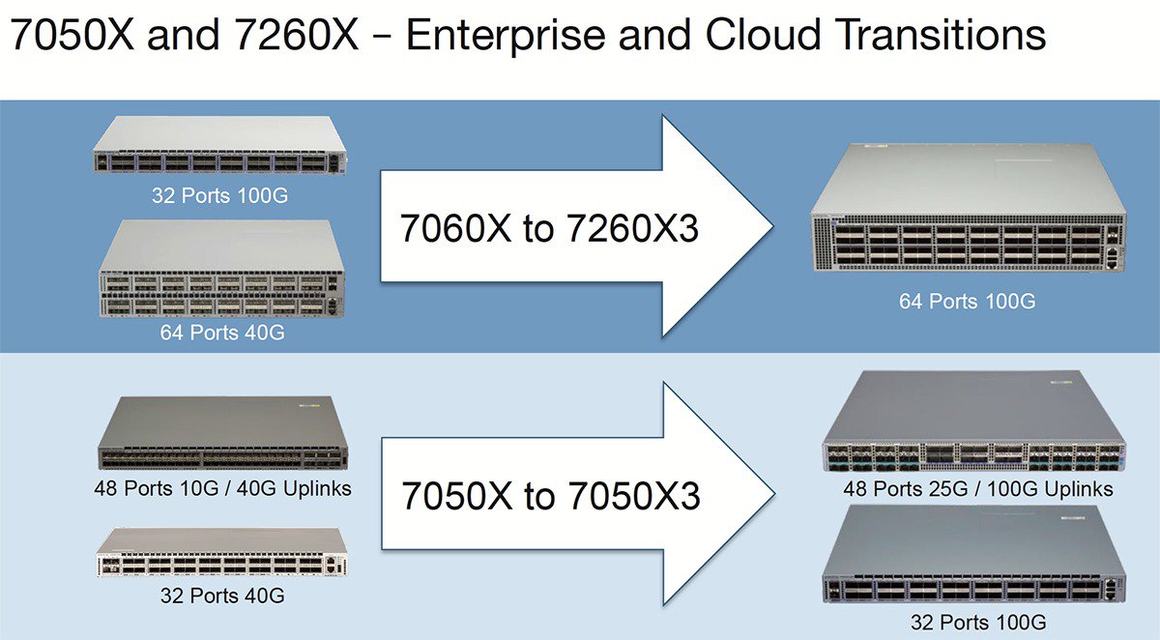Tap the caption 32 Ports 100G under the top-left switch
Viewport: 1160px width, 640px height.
[x=219, y=195]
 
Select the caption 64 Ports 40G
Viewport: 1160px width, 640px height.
[x=219, y=334]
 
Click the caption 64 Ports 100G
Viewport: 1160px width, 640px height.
[x=967, y=301]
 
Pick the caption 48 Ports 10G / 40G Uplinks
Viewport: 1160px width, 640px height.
[x=223, y=488]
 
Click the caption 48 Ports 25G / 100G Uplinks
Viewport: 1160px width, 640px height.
[x=977, y=488]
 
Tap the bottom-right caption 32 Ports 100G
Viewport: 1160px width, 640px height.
[x=977, y=621]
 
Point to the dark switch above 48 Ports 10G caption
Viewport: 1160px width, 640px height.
[x=222, y=433]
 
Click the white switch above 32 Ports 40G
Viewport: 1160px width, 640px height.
[x=220, y=553]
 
